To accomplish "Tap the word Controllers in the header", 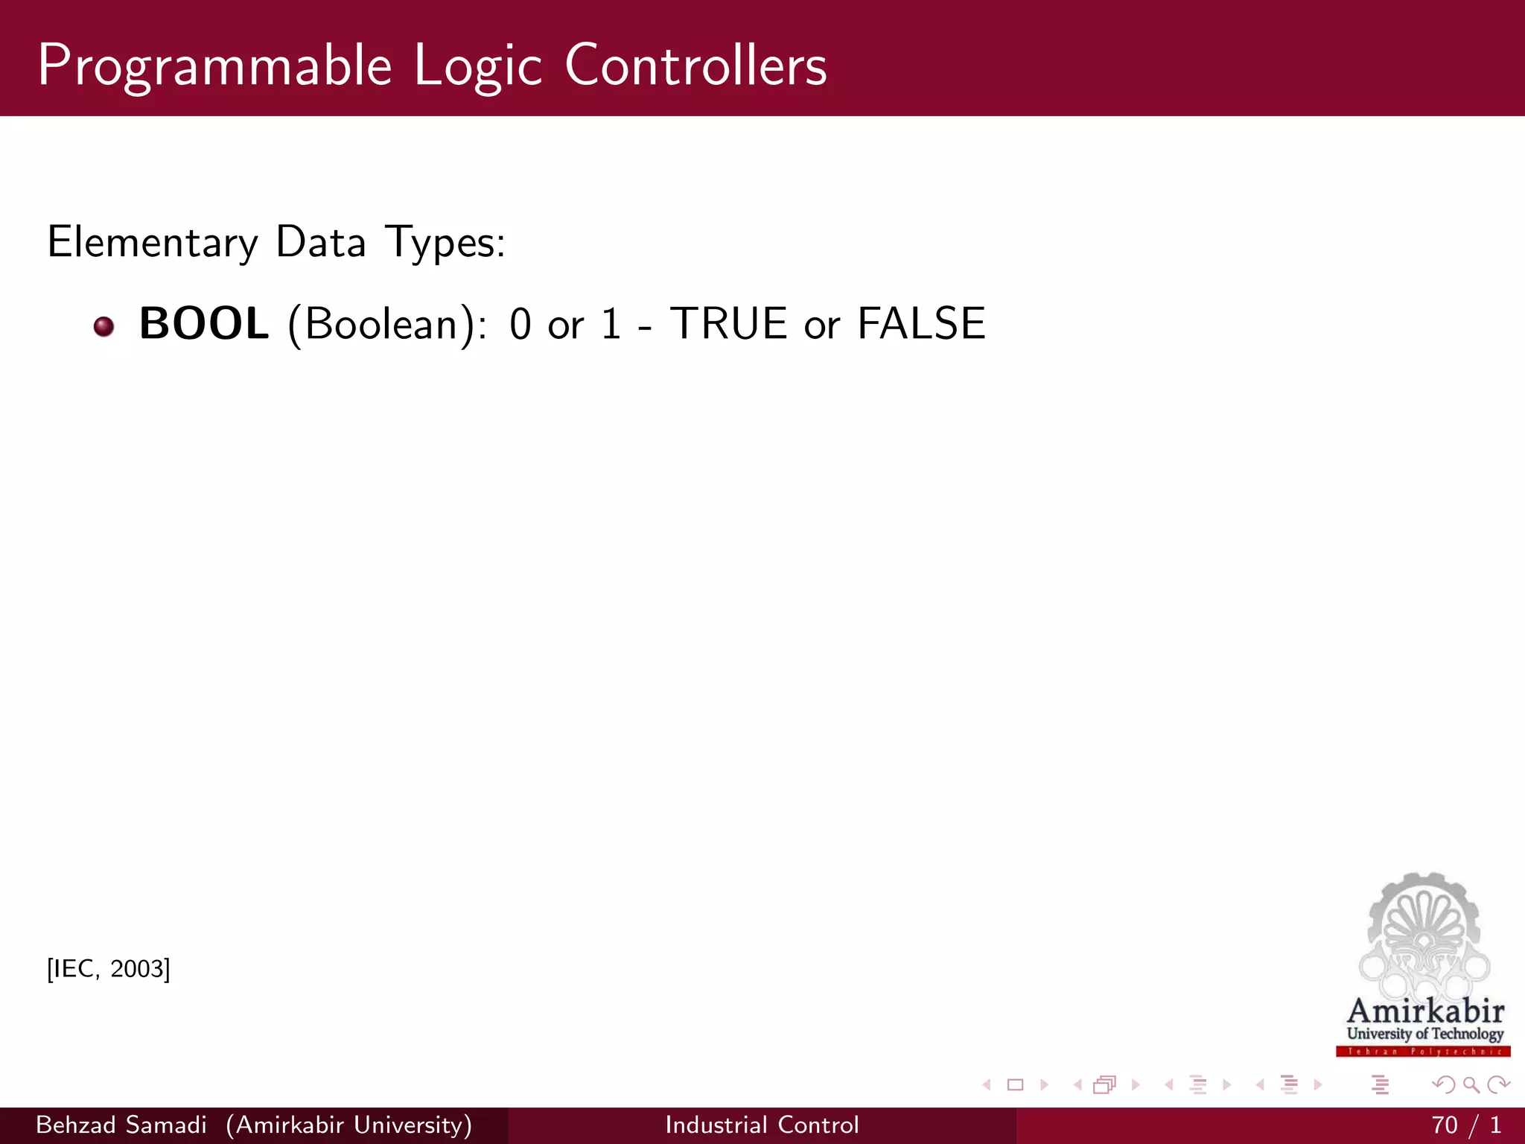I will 695,66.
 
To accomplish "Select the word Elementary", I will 152,243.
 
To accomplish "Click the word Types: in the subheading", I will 445,243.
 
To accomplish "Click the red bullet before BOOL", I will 104,326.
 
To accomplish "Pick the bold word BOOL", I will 203,324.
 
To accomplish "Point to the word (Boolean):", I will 387,325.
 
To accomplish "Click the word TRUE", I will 728,324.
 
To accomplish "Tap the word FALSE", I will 921,324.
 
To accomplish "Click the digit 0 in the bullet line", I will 520,325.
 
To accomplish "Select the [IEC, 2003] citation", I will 109,969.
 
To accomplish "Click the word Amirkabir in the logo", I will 1425,1011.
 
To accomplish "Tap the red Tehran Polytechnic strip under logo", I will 1423,1052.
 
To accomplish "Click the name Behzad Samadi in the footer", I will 121,1125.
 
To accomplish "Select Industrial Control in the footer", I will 762,1125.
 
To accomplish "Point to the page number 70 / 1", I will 1465,1125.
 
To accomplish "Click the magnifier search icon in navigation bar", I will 1471,1085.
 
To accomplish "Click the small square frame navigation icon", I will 1015,1085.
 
